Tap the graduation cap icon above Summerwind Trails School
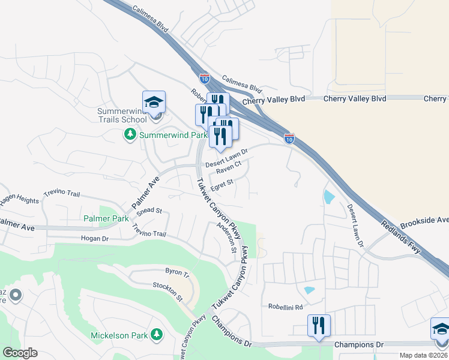[x=154, y=101]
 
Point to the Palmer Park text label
[x=106, y=219]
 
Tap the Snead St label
[x=149, y=211]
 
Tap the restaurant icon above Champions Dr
[x=319, y=325]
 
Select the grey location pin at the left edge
[x=16, y=295]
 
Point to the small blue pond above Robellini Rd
[x=310, y=290]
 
